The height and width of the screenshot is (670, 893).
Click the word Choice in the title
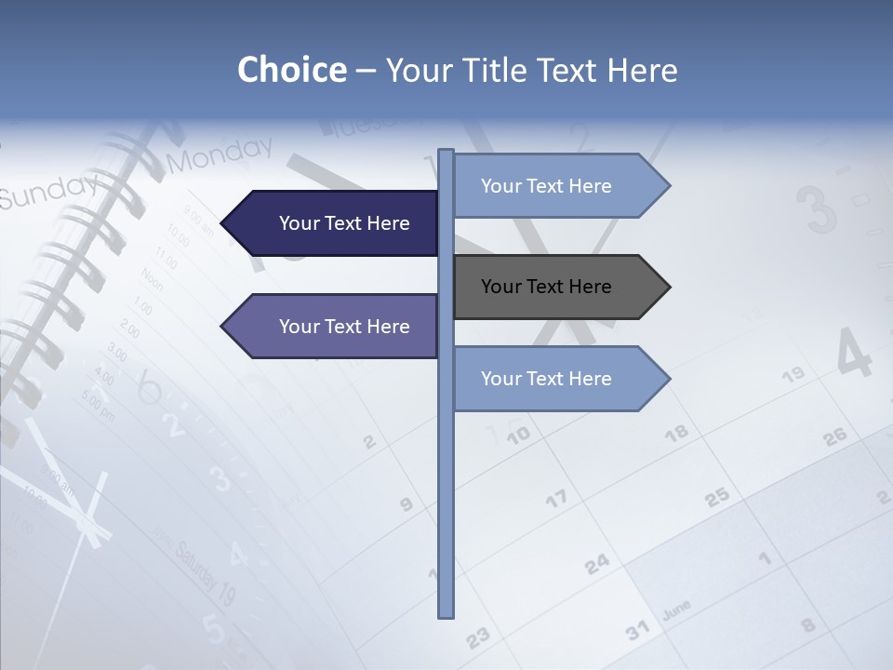click(x=291, y=70)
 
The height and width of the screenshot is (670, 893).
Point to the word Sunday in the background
click(x=47, y=192)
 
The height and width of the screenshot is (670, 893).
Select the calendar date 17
click(x=556, y=500)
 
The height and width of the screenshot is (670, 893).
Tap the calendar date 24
click(x=597, y=563)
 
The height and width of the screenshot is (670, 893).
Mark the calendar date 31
click(x=637, y=632)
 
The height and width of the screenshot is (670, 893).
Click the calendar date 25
click(x=716, y=498)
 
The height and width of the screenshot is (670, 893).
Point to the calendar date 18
click(x=677, y=432)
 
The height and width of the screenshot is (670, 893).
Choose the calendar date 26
click(x=835, y=435)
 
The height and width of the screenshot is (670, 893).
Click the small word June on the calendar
click(x=676, y=610)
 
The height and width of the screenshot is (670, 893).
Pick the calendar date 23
click(x=477, y=637)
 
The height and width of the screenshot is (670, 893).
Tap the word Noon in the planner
click(x=152, y=278)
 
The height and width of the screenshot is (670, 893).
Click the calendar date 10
click(x=518, y=434)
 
